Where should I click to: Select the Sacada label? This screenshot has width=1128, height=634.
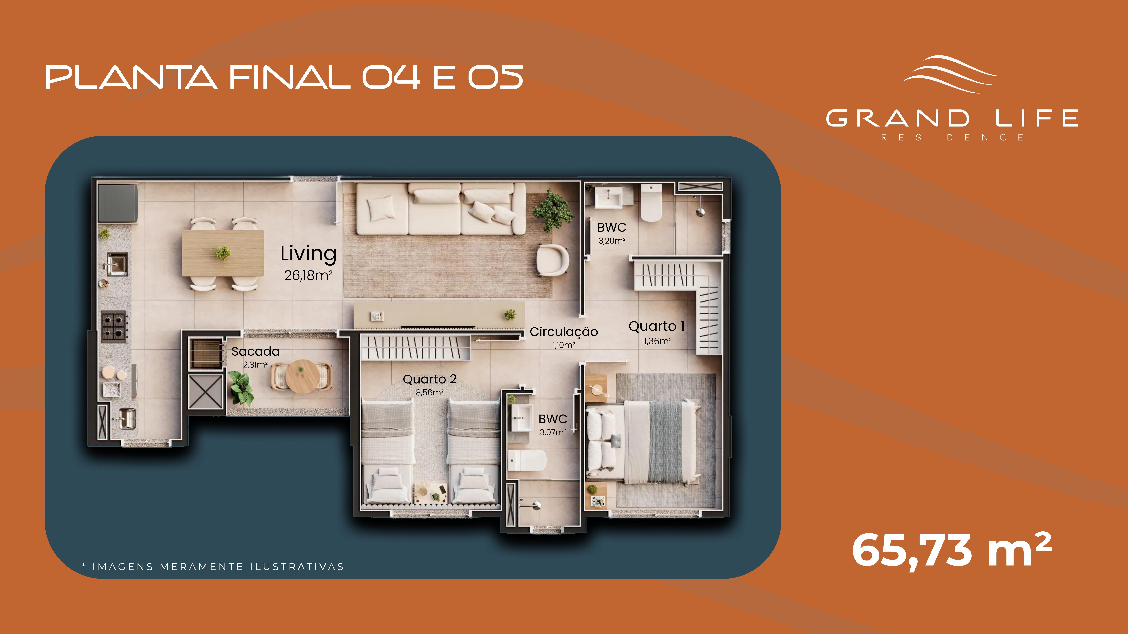[255, 351]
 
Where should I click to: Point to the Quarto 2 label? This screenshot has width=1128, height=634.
[430, 379]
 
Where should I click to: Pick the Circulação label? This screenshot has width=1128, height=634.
[564, 332]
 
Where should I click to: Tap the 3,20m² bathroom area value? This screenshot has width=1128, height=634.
[612, 241]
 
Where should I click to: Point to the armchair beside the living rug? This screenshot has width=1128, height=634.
[553, 260]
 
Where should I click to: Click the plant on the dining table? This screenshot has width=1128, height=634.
[222, 252]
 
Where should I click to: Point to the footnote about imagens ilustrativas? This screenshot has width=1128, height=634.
[213, 567]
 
